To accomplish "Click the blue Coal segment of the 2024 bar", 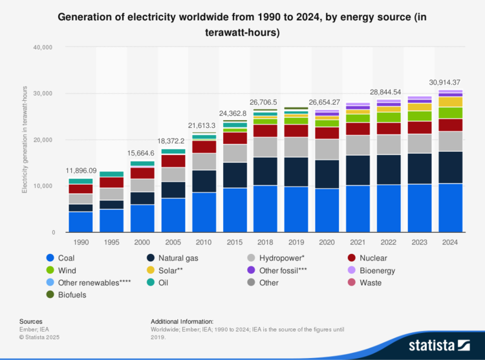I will coord(450,208).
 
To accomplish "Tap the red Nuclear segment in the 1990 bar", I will coord(81,189).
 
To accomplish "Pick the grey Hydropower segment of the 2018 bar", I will coord(265,147).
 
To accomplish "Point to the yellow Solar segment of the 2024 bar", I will coord(450,102).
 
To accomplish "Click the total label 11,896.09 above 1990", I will coord(81,171).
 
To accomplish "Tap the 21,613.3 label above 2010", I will coord(204,125).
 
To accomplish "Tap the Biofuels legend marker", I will coord(50,295).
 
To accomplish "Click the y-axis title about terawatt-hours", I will coord(25,140).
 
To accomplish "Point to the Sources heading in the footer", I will coord(30,321).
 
